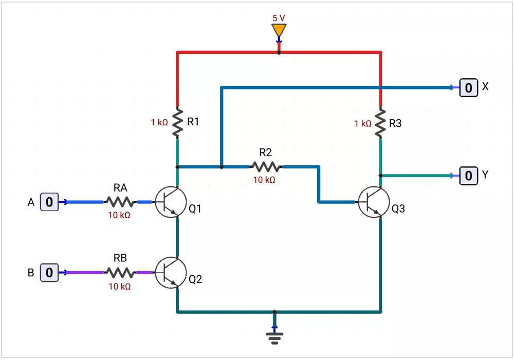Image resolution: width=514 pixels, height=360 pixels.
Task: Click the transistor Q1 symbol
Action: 171,202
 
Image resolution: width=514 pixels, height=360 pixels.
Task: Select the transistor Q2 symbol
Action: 171,273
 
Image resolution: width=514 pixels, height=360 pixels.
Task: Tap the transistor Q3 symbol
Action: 374,202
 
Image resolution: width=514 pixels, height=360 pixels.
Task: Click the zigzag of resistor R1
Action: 177,123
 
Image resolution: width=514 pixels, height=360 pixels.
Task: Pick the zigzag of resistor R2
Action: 266,167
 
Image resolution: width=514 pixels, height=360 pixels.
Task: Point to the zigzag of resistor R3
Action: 380,123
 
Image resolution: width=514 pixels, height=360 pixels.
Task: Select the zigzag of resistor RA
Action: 120,202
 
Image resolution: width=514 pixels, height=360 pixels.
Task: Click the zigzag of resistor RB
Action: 120,273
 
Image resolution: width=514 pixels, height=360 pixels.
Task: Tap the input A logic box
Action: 49,202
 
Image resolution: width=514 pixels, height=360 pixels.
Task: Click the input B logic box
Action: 49,273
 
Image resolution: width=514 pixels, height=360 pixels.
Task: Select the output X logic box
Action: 468,88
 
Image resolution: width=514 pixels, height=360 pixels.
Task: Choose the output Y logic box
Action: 468,176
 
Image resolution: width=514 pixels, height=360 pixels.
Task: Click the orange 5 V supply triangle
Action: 279,30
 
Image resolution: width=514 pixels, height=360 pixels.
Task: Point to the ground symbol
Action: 274,338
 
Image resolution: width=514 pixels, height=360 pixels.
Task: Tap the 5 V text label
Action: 279,18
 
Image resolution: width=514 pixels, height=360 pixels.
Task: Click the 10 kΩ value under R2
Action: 264,180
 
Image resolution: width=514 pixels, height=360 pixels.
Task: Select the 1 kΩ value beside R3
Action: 363,123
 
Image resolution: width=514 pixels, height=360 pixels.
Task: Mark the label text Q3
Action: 398,209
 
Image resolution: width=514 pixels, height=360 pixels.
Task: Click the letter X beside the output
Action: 485,86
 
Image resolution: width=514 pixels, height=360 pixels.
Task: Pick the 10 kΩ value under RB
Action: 120,287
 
